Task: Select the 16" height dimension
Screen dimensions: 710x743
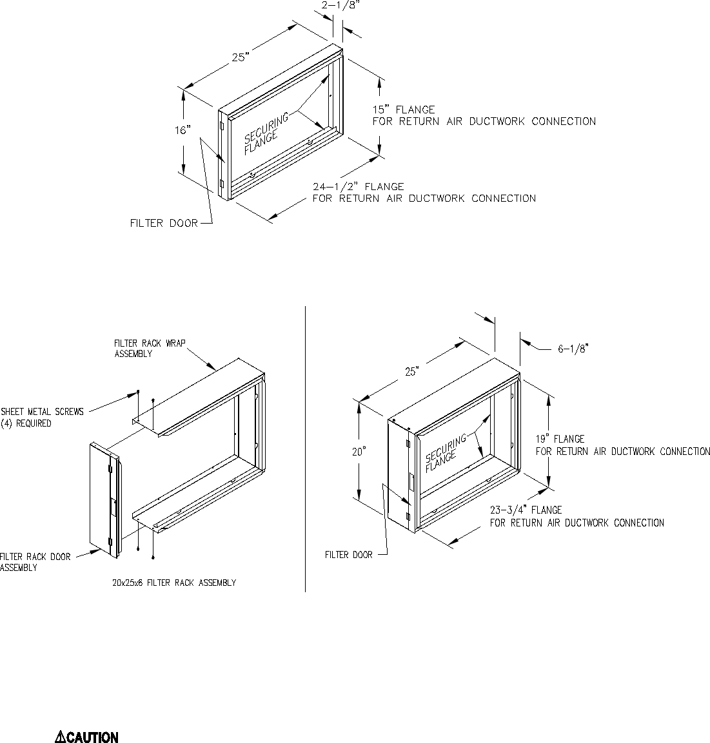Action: [x=183, y=130]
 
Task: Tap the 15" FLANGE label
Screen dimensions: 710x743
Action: [x=404, y=110]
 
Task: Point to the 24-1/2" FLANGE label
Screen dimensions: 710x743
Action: [x=359, y=187]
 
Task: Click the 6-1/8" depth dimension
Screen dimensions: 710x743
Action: [x=573, y=348]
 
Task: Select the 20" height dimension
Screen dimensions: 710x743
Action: [x=359, y=452]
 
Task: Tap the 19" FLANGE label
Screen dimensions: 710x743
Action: [x=560, y=439]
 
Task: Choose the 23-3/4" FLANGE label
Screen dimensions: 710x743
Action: [x=526, y=510]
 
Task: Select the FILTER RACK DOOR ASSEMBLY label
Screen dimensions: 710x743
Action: [x=35, y=562]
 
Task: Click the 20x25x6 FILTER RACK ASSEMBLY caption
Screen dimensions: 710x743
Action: [x=173, y=583]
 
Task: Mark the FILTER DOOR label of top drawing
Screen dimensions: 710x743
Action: [x=164, y=224]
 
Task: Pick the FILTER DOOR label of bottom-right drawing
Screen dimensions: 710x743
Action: [x=348, y=554]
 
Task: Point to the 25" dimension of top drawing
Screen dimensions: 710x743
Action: [x=240, y=57]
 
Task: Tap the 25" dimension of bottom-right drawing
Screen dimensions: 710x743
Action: [x=411, y=371]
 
